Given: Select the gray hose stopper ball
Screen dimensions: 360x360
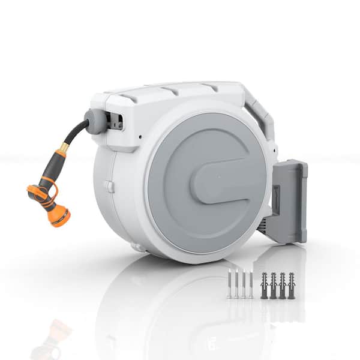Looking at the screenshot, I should [94, 121].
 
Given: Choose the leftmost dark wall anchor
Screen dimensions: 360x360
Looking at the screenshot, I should [265, 285].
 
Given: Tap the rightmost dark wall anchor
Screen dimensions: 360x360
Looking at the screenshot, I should [291, 285].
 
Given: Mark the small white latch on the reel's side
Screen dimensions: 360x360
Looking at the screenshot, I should [110, 187].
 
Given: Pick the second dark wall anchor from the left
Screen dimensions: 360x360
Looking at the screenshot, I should [274, 285].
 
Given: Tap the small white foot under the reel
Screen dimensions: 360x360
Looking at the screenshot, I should [139, 247].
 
